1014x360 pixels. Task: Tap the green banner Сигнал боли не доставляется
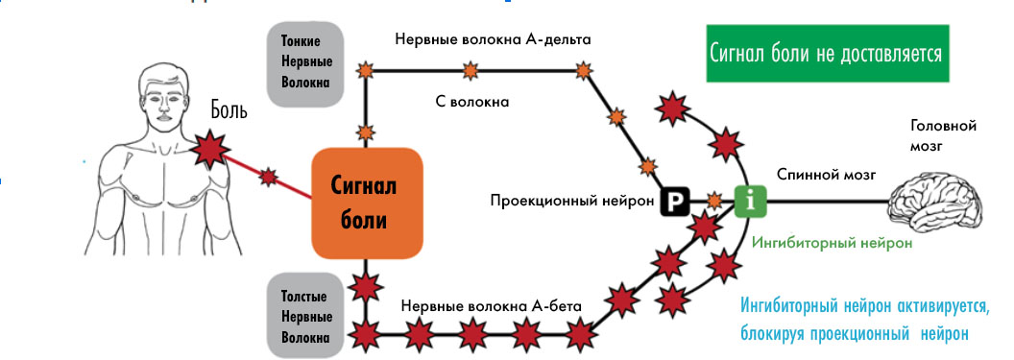pos(825,54)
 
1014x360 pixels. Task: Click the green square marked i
pos(749,200)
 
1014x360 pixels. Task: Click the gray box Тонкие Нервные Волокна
pos(306,60)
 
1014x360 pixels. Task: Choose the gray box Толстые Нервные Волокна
pos(306,316)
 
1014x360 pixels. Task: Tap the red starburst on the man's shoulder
pos(209,147)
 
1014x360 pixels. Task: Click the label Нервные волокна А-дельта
pos(493,40)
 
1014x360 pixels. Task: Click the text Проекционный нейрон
pos(572,201)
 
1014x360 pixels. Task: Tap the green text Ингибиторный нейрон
pos(832,244)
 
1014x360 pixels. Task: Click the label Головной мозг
pos(942,135)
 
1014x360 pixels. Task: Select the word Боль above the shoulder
pos(229,110)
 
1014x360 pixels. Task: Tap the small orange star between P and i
pos(714,201)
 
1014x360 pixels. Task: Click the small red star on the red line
pos(269,177)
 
